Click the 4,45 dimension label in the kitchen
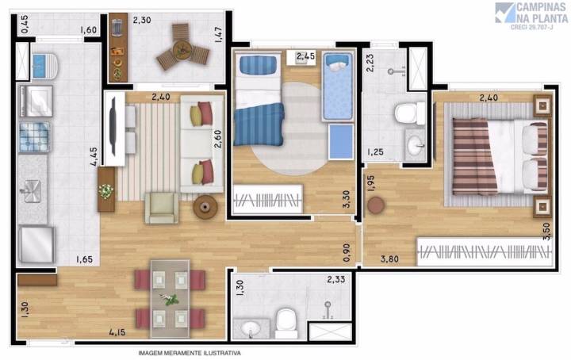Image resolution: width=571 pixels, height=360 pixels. [x=94, y=157]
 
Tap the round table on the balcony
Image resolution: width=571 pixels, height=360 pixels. [x=182, y=50]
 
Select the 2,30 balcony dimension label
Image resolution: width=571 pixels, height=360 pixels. [x=142, y=20]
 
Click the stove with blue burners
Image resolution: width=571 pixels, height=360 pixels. [x=35, y=137]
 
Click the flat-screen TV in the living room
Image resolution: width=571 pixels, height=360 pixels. [x=113, y=126]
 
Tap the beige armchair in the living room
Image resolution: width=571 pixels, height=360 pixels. [x=162, y=208]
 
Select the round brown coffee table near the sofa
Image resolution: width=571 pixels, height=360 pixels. [x=205, y=207]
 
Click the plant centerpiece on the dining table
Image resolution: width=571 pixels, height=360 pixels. [x=170, y=300]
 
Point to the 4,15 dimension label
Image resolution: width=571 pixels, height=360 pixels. [x=117, y=332]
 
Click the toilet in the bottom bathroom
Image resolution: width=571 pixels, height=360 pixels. [x=286, y=323]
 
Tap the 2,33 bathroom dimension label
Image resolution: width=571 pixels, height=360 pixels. [x=335, y=280]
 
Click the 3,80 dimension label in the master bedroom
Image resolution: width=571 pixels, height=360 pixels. [x=389, y=259]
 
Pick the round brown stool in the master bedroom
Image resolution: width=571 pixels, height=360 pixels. [x=376, y=205]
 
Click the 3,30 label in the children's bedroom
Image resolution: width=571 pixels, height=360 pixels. [x=347, y=199]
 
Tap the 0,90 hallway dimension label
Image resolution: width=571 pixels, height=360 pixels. [x=347, y=252]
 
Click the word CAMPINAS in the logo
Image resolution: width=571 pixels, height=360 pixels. [x=542, y=7]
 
